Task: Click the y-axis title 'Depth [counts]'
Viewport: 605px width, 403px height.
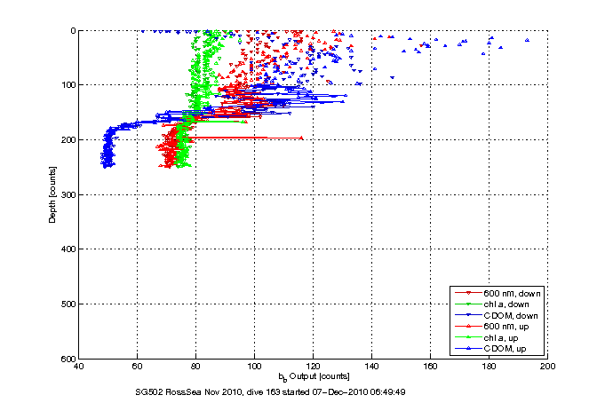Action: (52, 194)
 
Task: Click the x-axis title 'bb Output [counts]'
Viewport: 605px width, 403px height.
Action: (314, 376)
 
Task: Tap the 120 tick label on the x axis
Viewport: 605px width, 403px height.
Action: (314, 365)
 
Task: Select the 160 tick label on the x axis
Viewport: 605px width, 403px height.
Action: (431, 365)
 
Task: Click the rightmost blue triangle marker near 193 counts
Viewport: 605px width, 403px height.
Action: (528, 40)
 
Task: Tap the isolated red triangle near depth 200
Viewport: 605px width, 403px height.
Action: (301, 138)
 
